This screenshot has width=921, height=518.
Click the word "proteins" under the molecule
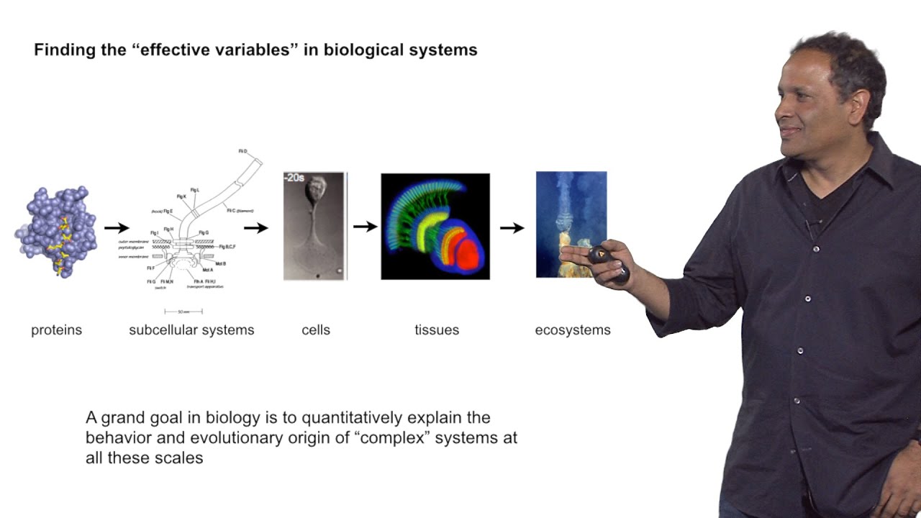pyautogui.click(x=56, y=330)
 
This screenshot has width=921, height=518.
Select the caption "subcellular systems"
pyautogui.click(x=191, y=330)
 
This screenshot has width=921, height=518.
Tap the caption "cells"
pyautogui.click(x=316, y=330)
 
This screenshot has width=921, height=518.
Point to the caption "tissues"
pyautogui.click(x=436, y=330)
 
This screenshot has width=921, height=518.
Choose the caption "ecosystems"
pyautogui.click(x=573, y=330)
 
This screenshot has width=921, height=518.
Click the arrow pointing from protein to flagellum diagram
pyautogui.click(x=117, y=228)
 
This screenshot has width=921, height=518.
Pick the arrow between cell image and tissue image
pyautogui.click(x=366, y=227)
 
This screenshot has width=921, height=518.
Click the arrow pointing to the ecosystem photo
pyautogui.click(x=512, y=228)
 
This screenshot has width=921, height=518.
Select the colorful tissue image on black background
pyautogui.click(x=435, y=226)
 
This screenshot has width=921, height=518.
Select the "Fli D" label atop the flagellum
pyautogui.click(x=243, y=152)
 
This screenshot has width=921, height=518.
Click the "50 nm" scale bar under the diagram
pyautogui.click(x=183, y=312)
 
